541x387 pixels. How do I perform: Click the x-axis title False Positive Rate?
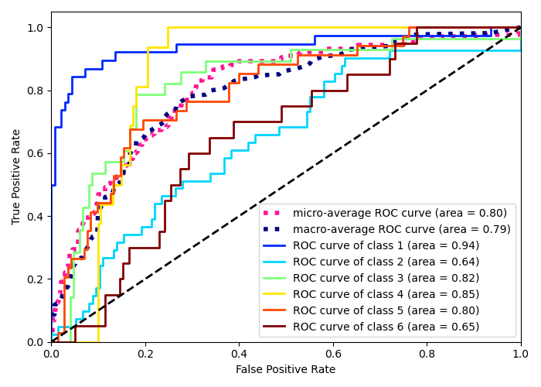click(286, 370)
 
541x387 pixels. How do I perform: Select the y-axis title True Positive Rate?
click(17, 176)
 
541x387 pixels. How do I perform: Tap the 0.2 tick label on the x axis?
click(145, 354)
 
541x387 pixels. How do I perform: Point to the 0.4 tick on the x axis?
click(239, 354)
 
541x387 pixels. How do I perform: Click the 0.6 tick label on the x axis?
click(333, 354)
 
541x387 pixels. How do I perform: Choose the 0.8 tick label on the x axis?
click(427, 354)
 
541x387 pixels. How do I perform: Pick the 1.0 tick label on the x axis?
click(521, 354)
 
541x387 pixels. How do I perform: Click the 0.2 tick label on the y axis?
click(36, 279)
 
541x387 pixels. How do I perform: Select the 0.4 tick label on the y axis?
click(36, 216)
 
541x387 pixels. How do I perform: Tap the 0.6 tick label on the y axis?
click(36, 153)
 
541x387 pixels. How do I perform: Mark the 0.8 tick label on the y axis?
click(36, 91)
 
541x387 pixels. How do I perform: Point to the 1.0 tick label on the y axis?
click(36, 28)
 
